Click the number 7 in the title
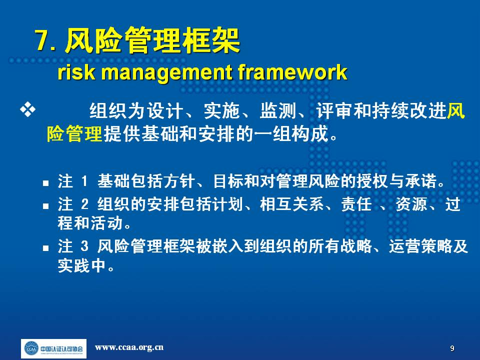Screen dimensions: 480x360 coord(41,40)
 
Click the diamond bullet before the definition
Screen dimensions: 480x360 coord(27,110)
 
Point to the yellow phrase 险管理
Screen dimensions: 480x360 coord(74,134)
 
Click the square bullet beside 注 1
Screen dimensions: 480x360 coord(46,183)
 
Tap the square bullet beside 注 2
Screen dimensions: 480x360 coord(46,206)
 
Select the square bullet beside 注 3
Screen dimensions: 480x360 coord(46,247)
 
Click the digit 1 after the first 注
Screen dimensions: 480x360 coord(84,181)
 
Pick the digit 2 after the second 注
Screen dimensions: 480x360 coord(85,204)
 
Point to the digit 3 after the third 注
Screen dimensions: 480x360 coord(85,246)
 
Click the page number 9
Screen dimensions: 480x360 coord(452,348)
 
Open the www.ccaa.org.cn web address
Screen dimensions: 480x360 coord(129,347)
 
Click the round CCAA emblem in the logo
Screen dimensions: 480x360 coord(31,348)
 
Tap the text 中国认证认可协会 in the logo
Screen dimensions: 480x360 coord(61,348)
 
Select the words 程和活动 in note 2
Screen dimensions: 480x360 coord(90,223)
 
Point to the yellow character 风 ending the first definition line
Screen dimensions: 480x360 coord(456,110)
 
